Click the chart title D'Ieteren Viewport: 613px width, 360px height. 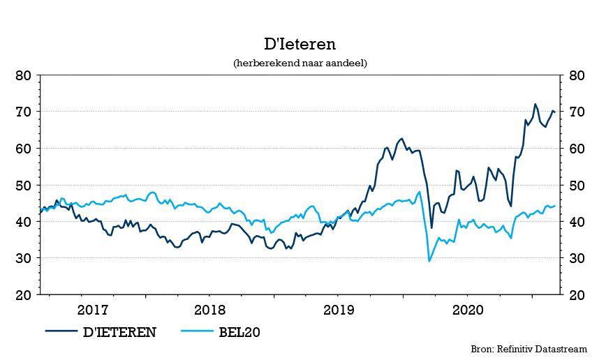[x=300, y=44]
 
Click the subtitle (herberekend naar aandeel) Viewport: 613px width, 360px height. [x=300, y=63]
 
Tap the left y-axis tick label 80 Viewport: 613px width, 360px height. [x=24, y=75]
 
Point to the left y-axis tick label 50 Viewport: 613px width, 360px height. [x=24, y=185]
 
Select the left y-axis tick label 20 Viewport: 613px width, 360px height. [x=24, y=295]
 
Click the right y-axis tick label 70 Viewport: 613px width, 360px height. [x=577, y=112]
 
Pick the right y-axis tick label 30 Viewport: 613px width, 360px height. [x=577, y=258]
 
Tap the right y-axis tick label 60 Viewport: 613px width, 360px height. [x=577, y=149]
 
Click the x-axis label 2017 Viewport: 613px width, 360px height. [x=93, y=310]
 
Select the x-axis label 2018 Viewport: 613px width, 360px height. [x=210, y=310]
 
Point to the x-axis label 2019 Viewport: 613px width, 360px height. [x=339, y=310]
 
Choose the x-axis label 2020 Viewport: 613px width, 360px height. [x=468, y=310]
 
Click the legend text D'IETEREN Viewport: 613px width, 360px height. [x=119, y=332]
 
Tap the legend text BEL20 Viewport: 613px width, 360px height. [x=239, y=332]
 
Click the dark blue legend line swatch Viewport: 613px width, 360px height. [x=61, y=331]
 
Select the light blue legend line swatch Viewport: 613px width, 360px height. [x=197, y=331]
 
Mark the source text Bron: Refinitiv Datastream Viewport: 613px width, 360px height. [x=529, y=349]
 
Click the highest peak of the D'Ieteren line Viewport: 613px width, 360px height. [x=535, y=104]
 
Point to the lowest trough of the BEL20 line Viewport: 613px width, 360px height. [x=429, y=261]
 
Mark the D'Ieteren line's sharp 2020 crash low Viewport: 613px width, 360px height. [x=431, y=228]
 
